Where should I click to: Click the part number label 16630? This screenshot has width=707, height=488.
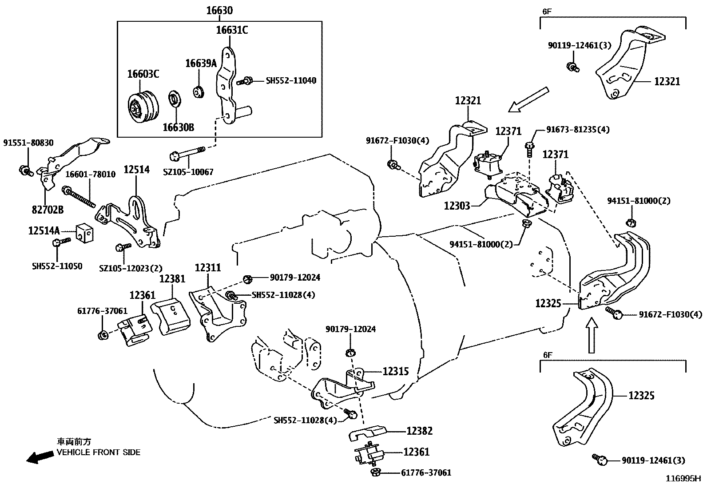click(x=219, y=10)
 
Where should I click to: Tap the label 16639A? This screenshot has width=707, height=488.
click(x=200, y=63)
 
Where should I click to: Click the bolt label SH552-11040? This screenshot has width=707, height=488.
click(x=291, y=81)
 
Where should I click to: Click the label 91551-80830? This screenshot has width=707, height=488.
click(x=28, y=143)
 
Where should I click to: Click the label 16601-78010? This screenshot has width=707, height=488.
click(x=91, y=175)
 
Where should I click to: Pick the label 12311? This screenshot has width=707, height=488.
click(x=207, y=267)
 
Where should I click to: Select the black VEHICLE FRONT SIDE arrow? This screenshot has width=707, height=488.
click(x=39, y=457)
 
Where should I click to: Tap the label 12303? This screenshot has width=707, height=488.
click(x=457, y=206)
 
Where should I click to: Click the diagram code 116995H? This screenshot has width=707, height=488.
click(x=682, y=479)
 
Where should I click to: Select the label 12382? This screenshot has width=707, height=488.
click(x=419, y=431)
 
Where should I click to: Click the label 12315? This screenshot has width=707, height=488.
click(x=395, y=371)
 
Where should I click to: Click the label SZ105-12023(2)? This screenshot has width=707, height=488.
click(x=131, y=268)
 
